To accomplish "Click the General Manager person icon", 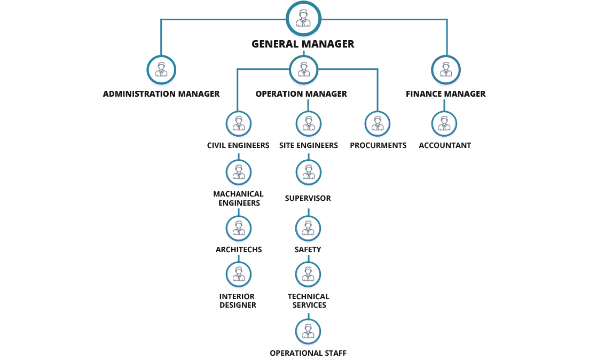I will tap(303, 18).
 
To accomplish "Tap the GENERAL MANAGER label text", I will tap(303, 44).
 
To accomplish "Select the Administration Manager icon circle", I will tap(161, 69).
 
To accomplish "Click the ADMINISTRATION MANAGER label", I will tap(161, 94).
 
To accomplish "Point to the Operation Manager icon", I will tap(303, 69).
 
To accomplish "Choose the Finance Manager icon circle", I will tap(445, 69).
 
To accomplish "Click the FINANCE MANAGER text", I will tap(445, 94).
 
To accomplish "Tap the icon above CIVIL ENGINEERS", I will tap(238, 124).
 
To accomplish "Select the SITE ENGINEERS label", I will tap(308, 145).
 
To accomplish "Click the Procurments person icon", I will tap(378, 124).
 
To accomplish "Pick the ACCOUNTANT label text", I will tap(445, 145).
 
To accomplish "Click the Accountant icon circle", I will tap(444, 124).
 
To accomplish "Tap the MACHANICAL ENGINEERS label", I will tap(238, 198).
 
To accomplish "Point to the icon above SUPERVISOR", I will tap(308, 172).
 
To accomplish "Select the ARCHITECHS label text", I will tap(238, 249).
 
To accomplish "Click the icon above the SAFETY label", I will tap(308, 228).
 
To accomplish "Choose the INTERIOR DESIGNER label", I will tap(238, 301).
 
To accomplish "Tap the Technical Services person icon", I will tap(308, 274).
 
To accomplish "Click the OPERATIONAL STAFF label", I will tap(308, 353).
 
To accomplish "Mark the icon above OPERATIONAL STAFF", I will tap(308, 331).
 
